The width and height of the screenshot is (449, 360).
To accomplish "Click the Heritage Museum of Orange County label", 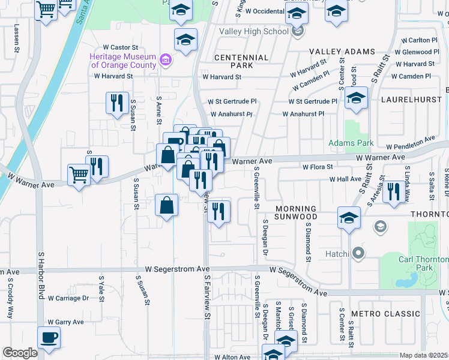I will [122, 61].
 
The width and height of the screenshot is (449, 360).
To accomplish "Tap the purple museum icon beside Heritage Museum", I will [166, 61].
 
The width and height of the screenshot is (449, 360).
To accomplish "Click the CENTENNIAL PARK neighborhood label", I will [242, 61].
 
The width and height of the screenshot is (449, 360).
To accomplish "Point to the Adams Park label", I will [351, 143].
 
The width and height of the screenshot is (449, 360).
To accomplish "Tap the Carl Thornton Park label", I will [424, 263].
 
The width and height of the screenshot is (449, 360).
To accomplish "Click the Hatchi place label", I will [336, 254].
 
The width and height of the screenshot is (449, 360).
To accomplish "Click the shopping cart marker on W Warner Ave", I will [79, 175].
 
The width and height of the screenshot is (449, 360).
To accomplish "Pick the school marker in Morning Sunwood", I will [349, 218].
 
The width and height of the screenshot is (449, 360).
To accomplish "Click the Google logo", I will [20, 353].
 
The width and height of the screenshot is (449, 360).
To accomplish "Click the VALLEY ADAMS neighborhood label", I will [342, 52].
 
